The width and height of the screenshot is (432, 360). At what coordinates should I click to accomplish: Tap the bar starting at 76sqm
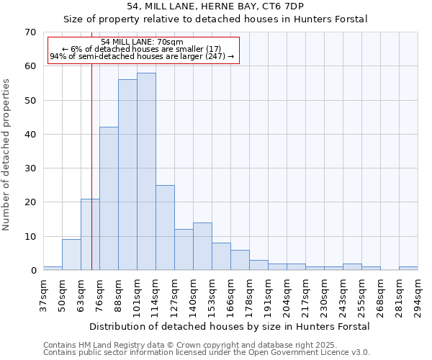click(109, 199)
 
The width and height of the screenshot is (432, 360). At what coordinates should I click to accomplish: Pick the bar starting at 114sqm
click(165, 228)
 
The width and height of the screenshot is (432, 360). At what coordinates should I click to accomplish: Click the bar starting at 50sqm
click(71, 255)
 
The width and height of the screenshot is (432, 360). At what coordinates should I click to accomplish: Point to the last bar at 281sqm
click(408, 269)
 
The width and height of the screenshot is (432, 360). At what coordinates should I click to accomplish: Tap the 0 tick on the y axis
click(32, 271)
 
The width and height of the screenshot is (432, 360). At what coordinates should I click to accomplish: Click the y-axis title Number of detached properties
click(6, 155)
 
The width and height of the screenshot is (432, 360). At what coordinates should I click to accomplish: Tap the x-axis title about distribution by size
click(230, 326)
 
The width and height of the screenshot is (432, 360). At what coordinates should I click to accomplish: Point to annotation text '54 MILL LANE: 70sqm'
click(143, 42)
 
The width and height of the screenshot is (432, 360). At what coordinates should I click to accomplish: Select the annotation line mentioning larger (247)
click(143, 56)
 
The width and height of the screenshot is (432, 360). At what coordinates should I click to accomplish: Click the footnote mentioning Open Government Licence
click(207, 353)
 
